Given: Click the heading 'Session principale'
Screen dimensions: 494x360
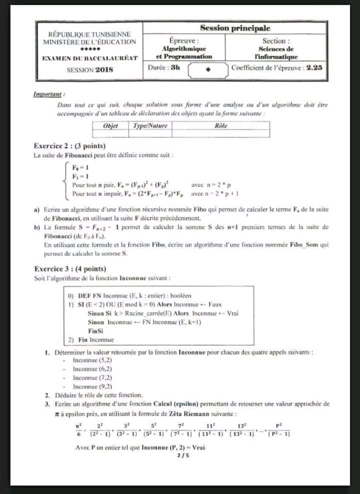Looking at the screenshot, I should [235, 29].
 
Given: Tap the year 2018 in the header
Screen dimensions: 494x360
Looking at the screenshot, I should [104, 70].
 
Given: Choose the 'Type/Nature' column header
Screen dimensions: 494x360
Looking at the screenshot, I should [150, 126].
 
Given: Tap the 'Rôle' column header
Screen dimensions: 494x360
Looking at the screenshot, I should [220, 126].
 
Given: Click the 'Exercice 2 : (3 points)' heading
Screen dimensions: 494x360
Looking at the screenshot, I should [69, 146].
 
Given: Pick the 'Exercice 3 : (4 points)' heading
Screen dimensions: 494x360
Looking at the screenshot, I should [69, 269].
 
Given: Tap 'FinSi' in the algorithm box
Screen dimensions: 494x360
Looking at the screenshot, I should [96, 331].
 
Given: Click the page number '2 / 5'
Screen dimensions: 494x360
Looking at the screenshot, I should [183, 455].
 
